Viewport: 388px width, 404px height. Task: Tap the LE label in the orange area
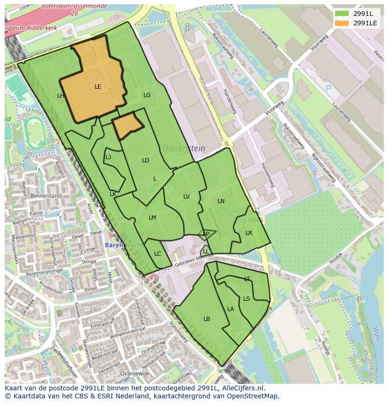[98, 87]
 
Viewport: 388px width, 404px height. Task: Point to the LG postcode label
[147, 95]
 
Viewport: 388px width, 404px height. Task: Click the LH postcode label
[60, 96]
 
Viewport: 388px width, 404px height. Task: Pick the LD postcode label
[145, 160]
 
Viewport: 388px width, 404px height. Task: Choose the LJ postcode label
[108, 157]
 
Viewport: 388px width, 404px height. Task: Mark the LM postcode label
[152, 218]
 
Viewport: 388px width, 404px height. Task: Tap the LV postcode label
[187, 197]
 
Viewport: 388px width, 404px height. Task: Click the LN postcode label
[221, 201]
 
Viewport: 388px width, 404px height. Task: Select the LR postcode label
[249, 233]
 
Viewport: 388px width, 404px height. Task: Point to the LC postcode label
[157, 254]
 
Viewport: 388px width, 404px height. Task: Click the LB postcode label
[207, 319]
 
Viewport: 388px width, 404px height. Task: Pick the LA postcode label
[231, 309]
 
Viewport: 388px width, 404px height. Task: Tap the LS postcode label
[246, 299]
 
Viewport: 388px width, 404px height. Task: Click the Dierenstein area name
[184, 149]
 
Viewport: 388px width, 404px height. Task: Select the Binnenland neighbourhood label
[46, 196]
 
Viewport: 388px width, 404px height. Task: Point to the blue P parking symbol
[328, 88]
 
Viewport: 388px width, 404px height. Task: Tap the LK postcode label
[113, 194]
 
